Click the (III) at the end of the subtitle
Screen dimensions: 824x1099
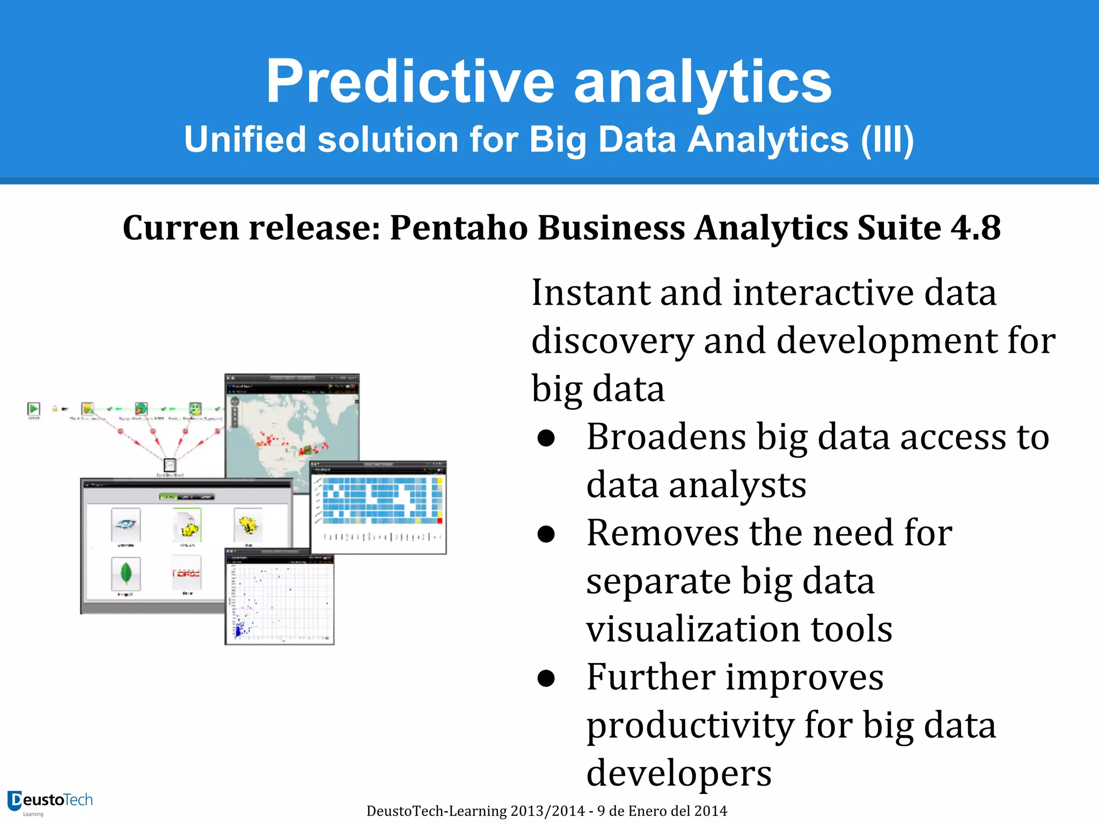pyautogui.click(x=887, y=139)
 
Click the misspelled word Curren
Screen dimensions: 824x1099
pyautogui.click(x=180, y=227)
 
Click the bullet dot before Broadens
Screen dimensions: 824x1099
pyautogui.click(x=546, y=438)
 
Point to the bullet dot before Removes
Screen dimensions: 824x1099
pyautogui.click(x=546, y=534)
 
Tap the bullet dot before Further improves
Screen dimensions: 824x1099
pyautogui.click(x=546, y=678)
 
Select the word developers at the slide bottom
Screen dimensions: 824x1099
pyautogui.click(x=678, y=773)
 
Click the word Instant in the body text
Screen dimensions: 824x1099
pyautogui.click(x=590, y=293)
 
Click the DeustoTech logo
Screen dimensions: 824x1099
pyautogui.click(x=49, y=801)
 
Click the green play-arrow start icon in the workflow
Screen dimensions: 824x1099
pyautogui.click(x=34, y=409)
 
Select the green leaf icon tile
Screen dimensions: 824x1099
pyautogui.click(x=126, y=573)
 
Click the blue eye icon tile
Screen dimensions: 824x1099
pyautogui.click(x=126, y=524)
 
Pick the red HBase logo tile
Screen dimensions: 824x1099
pyautogui.click(x=186, y=573)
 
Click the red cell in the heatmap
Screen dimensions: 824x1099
pyautogui.click(x=440, y=520)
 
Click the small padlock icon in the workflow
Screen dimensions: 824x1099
pyautogui.click(x=55, y=409)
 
